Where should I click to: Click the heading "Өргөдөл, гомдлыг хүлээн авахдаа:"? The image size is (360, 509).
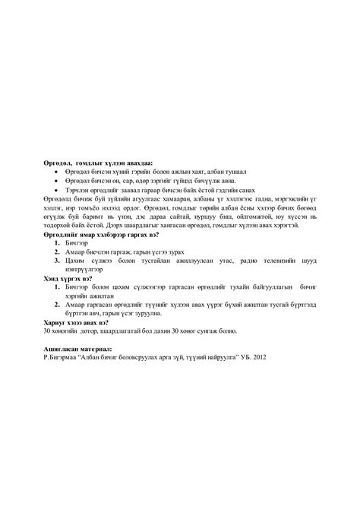(x=98, y=163)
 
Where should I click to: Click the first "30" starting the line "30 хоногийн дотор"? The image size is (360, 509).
(x=47, y=331)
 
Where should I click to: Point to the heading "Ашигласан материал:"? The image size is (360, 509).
(x=78, y=349)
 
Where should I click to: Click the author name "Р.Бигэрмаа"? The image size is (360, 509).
(x=63, y=357)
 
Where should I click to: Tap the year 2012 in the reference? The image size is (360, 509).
(x=261, y=357)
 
